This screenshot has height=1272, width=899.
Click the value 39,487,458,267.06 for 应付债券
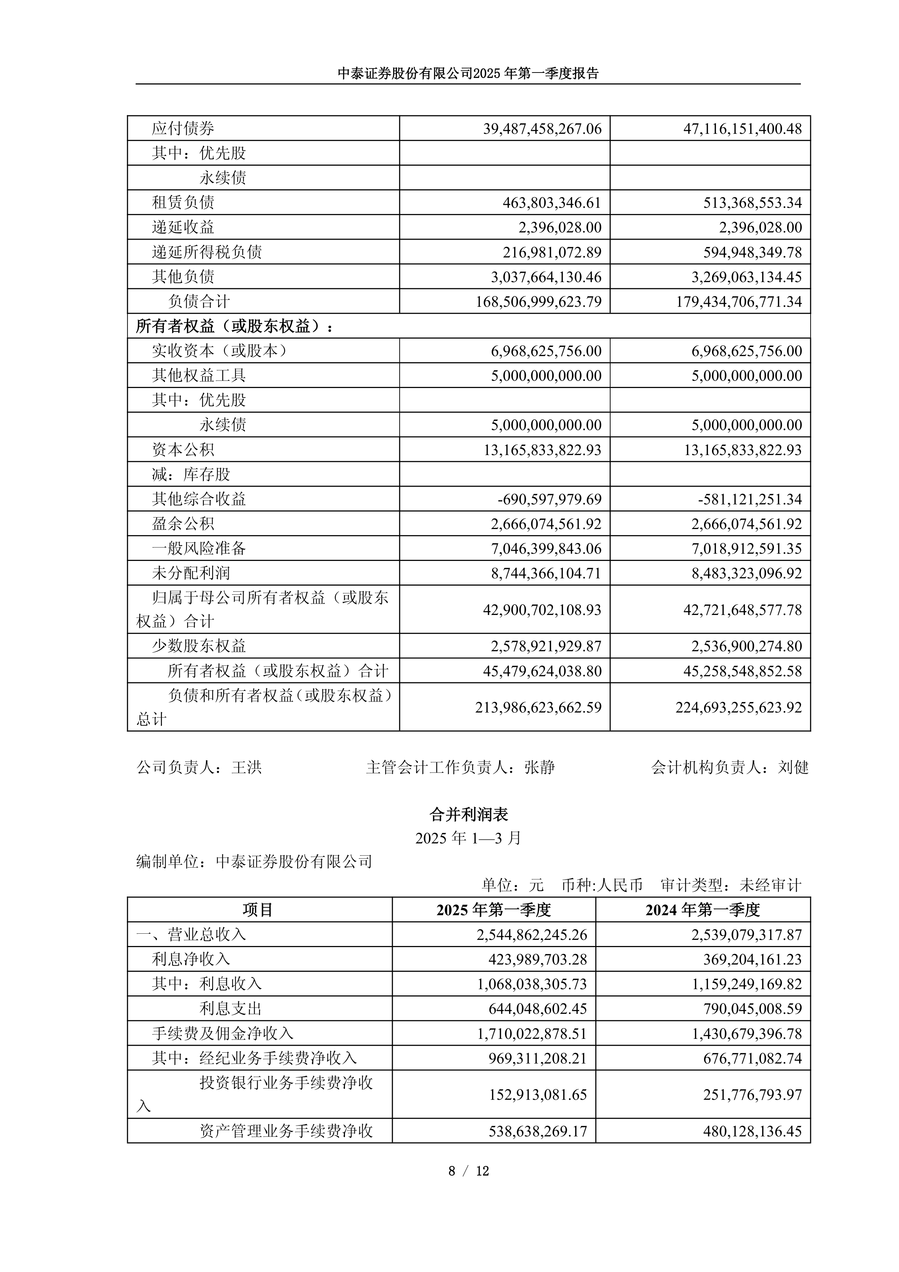[542, 128]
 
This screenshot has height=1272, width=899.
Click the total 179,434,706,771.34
[738, 301]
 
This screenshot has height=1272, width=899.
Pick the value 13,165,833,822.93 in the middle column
[542, 449]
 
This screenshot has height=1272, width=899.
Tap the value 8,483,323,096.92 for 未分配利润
[746, 573]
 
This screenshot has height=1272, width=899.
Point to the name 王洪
[246, 767]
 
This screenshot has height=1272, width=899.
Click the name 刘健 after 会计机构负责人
[793, 767]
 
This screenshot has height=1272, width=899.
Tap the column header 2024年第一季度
[703, 910]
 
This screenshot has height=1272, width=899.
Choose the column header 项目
[258, 910]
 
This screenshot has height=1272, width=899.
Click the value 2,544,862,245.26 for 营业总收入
[532, 935]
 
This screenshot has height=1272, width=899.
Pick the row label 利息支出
[230, 1008]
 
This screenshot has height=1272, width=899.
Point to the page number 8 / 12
[468, 1170]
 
